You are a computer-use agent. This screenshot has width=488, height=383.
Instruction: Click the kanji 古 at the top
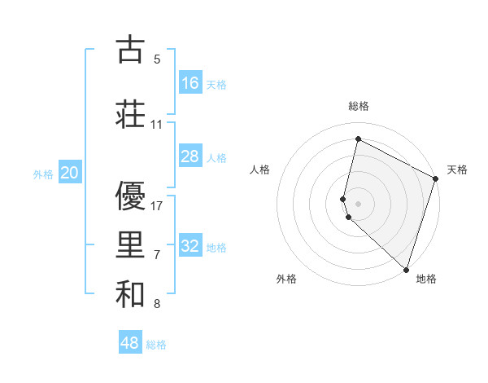coord(130,50)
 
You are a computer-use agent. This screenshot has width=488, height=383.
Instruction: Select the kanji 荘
coord(130,114)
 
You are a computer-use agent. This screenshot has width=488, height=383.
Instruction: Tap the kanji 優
coord(130,196)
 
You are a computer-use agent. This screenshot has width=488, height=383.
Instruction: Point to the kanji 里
coord(130,245)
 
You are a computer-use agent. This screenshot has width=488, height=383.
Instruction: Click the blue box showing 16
coord(190,83)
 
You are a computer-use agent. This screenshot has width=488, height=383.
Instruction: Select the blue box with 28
coord(190,156)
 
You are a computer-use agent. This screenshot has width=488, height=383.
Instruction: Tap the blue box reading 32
coord(190,246)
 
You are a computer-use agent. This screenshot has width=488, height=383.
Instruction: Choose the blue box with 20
coord(70,172)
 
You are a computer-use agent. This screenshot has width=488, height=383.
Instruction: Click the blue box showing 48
coord(130,343)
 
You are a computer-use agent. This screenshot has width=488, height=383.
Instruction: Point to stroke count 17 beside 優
coord(158,206)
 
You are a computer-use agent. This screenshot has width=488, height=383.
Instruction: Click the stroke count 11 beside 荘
coord(157,125)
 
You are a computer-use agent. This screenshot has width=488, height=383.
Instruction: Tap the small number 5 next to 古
coord(157,59)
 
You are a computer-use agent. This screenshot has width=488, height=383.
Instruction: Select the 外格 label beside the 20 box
coord(43,174)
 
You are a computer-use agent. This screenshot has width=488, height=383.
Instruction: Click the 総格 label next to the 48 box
coord(156,345)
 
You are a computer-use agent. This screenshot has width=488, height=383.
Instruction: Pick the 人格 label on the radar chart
coord(260,169)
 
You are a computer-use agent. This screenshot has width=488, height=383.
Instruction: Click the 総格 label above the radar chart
coord(359,106)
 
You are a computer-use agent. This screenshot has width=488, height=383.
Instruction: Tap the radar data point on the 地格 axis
coord(406,269)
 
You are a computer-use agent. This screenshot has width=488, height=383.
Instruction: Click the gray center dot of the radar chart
coord(359,203)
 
